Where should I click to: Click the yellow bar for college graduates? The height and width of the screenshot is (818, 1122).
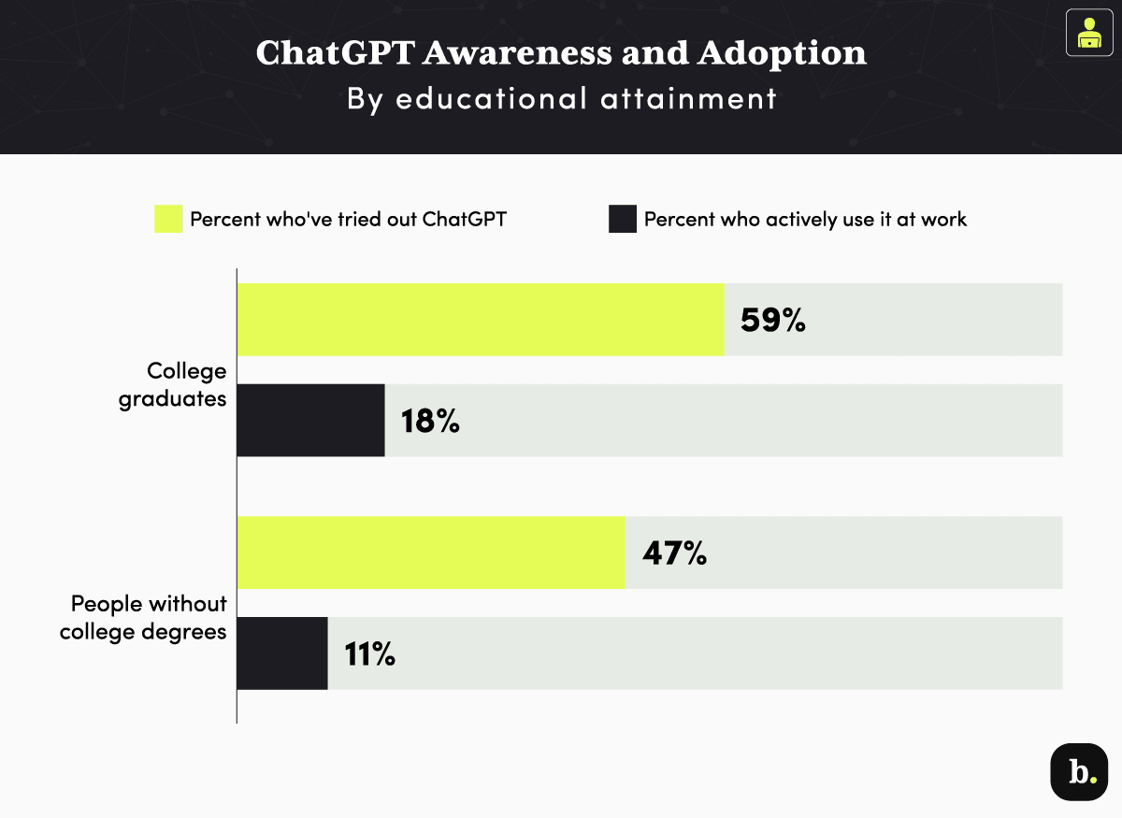coord(481,320)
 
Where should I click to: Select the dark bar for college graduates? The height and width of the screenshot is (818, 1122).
coord(310,421)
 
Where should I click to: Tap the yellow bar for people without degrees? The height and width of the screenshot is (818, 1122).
coord(430,553)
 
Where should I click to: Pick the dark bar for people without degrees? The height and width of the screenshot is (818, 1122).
coord(281,653)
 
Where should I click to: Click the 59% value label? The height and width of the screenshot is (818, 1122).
coord(772,321)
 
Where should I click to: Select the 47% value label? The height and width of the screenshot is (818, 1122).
coord(673,553)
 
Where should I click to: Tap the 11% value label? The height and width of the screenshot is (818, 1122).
coord(369,654)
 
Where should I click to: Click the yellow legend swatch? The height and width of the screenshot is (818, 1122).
coord(168,220)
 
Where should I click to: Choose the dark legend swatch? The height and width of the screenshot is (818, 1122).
coord(623,220)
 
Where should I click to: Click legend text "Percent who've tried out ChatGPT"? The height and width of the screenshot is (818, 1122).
coord(348,220)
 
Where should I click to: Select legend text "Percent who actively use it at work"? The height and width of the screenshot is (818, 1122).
coord(805,220)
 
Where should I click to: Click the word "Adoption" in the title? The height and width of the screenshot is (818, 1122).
coord(781,53)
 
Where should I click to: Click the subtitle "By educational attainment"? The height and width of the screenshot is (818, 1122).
coord(561,98)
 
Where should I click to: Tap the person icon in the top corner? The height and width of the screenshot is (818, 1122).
coord(1088,33)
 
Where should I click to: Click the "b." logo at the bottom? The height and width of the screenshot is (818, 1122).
coord(1080,772)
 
